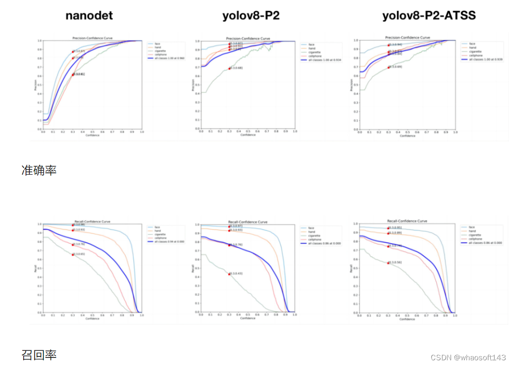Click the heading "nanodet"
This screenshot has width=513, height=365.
89,16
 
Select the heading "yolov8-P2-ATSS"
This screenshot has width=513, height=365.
429,16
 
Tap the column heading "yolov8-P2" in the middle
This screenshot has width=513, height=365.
251,16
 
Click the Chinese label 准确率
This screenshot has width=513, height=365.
39,170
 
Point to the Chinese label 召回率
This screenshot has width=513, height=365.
39,355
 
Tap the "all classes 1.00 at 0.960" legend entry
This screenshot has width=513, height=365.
166,59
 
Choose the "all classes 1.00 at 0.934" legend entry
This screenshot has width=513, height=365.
324,60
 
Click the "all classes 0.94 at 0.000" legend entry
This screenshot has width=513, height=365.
166,241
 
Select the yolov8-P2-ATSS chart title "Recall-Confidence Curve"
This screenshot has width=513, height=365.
407,221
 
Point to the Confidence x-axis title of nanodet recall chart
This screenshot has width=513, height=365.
92,319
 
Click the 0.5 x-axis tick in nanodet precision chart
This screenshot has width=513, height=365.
92,132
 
